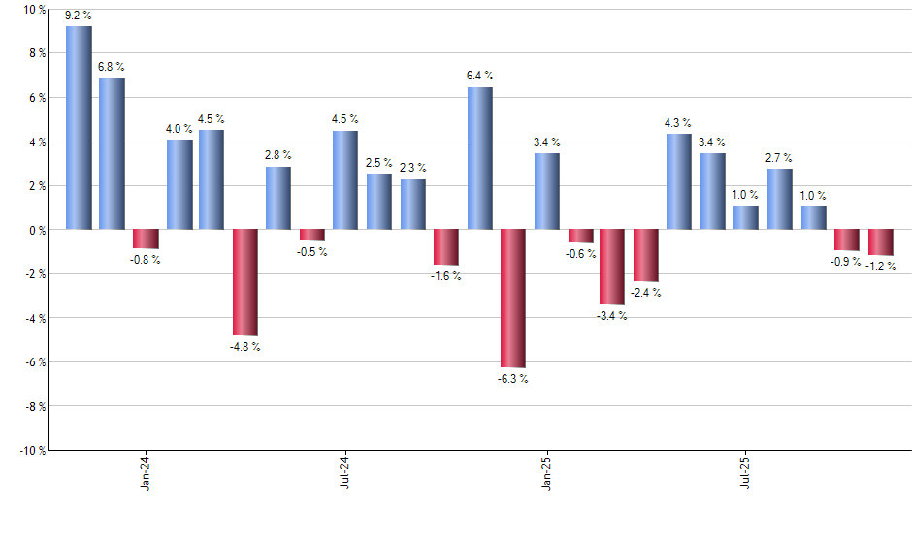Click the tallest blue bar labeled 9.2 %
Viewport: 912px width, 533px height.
point(79,128)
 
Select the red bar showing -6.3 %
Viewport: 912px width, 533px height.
point(512,298)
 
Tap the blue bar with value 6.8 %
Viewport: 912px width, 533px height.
point(112,154)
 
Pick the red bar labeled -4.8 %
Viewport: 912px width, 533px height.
point(244,282)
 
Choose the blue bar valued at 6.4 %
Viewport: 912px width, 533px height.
point(479,158)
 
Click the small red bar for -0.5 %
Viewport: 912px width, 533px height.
point(311,235)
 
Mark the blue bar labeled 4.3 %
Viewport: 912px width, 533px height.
point(679,181)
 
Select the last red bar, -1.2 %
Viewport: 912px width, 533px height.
point(880,242)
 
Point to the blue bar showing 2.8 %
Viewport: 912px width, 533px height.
point(278,198)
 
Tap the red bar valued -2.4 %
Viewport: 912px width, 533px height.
point(646,255)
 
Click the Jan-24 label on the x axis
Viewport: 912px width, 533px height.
point(146,475)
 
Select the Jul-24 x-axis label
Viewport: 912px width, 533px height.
point(345,475)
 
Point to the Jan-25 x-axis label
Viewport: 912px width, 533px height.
point(546,475)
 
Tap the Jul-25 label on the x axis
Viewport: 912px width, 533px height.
point(746,475)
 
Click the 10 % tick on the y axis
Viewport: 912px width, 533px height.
point(34,10)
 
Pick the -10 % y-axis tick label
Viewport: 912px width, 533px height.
point(31,450)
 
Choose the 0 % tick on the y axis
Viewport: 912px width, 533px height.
point(37,230)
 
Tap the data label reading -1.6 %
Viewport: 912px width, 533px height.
point(446,276)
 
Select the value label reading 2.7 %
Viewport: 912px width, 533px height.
point(779,157)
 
